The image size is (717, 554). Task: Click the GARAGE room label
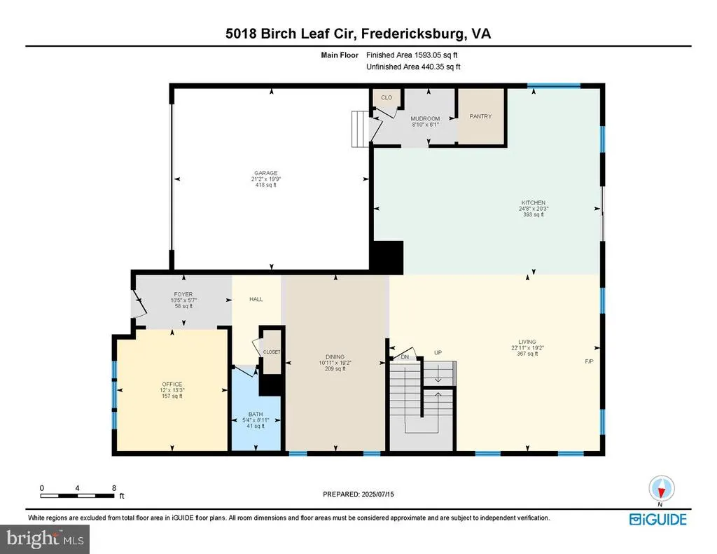[x=265, y=173]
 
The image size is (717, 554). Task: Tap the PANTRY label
[x=480, y=116]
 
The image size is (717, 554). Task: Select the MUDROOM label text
[x=425, y=118]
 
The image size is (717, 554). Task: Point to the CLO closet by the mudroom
[x=387, y=97]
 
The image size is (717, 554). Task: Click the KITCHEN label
[x=533, y=202]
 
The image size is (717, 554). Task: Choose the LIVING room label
[x=527, y=342]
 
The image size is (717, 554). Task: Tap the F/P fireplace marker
[x=589, y=361]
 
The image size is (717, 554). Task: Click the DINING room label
[x=335, y=356]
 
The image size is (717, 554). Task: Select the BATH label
[x=256, y=415]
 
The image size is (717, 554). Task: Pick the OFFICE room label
[x=172, y=385]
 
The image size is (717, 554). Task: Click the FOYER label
[x=183, y=294]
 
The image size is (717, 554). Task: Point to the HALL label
[x=256, y=299]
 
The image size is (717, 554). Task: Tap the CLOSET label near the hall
[x=272, y=352]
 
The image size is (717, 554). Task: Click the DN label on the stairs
[x=405, y=356]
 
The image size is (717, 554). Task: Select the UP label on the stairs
[x=438, y=353]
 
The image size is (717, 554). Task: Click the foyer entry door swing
[x=139, y=303]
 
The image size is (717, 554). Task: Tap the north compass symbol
[x=661, y=489]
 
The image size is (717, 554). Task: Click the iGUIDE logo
[x=658, y=520]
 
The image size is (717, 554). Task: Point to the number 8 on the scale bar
[x=114, y=488]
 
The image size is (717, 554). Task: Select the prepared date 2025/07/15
[x=377, y=494]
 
